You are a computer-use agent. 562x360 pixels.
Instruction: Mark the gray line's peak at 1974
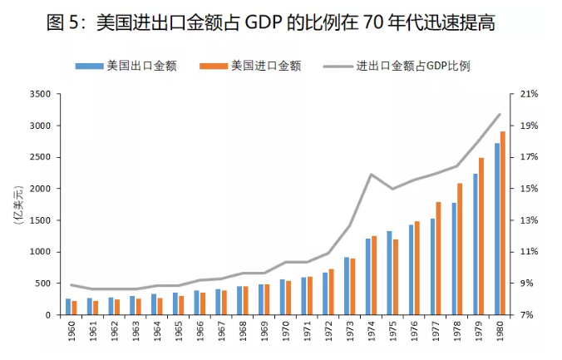coord(370,174)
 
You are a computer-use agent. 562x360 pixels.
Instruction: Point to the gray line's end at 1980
coord(499,114)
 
